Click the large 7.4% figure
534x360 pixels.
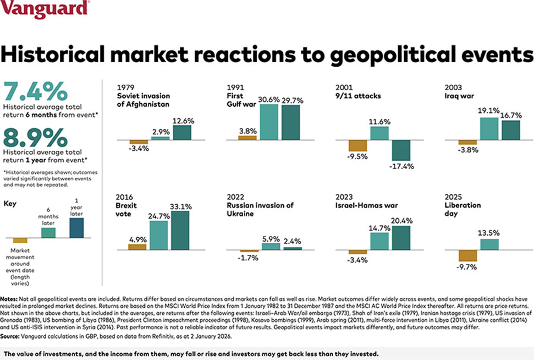(x=36, y=91)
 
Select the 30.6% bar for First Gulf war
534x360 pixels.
(x=269, y=122)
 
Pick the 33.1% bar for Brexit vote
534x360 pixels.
(x=180, y=231)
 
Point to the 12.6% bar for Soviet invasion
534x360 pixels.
(x=182, y=133)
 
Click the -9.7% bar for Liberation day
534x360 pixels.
(x=468, y=256)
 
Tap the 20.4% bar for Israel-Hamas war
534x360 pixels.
(x=400, y=238)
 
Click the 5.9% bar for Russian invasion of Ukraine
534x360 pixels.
(x=271, y=247)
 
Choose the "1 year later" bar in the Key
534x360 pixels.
(x=77, y=228)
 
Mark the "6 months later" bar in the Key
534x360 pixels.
(x=49, y=233)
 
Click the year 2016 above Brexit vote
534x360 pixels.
(x=125, y=197)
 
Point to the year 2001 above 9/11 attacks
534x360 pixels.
(x=344, y=88)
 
